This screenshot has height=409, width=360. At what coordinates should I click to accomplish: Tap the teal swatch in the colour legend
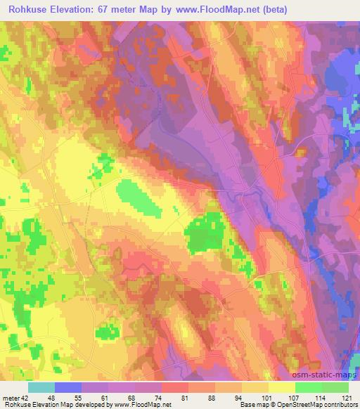(41, 387)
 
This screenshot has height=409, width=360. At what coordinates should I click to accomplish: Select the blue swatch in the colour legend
(68, 387)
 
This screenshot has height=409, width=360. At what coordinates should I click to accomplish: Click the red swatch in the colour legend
(175, 387)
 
